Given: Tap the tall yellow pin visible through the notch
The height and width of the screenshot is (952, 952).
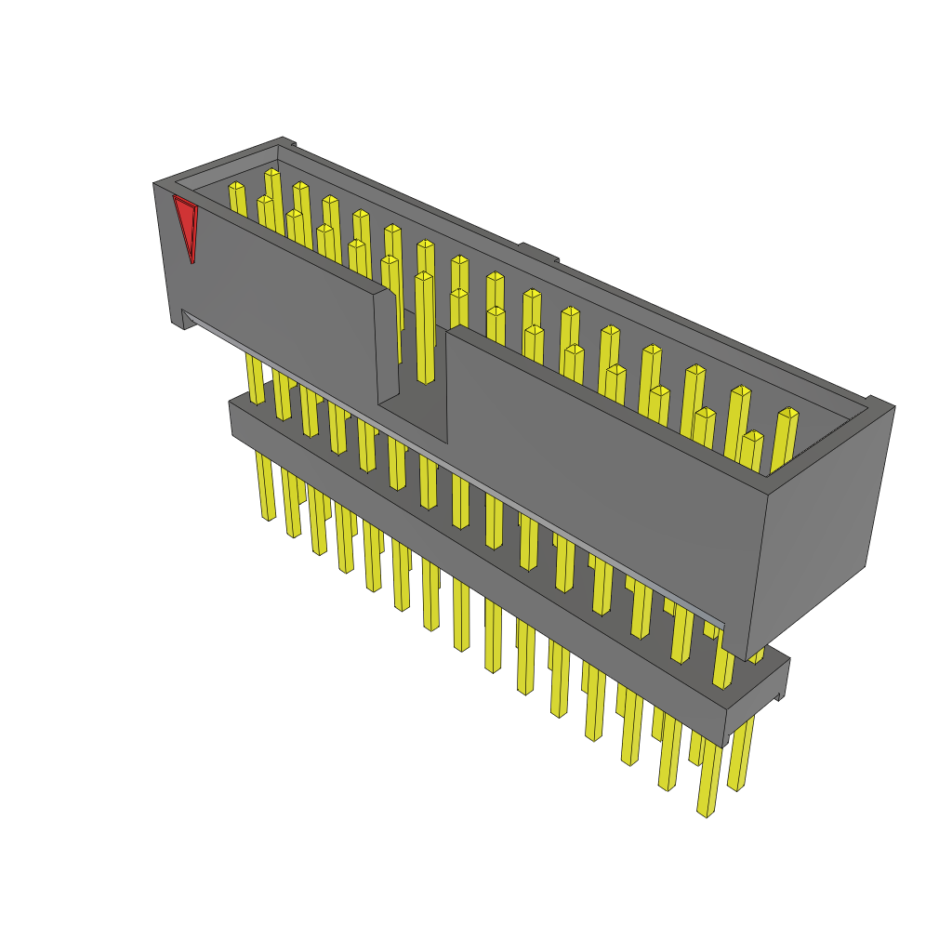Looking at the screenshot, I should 425,325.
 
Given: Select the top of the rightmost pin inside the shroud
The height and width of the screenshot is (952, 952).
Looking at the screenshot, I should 788,413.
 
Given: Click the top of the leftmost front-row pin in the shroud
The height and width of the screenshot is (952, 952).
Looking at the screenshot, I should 265,200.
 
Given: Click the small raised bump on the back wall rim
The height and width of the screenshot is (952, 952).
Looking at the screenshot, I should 537,251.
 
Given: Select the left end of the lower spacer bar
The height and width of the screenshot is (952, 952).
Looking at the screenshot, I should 233,418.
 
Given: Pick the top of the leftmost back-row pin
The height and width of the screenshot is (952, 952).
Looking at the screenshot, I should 236,187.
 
